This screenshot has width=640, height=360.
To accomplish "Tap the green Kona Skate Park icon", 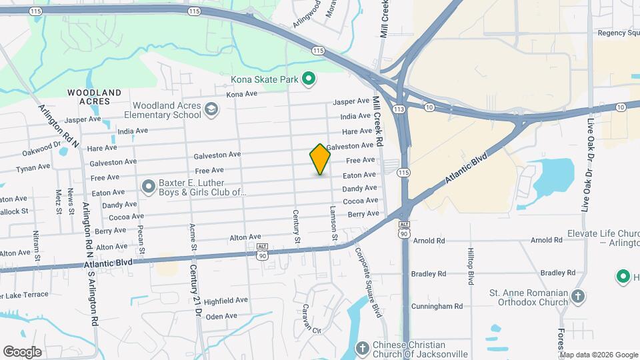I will coord(308,80).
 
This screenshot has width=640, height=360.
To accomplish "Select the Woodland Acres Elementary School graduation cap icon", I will coord(211,109).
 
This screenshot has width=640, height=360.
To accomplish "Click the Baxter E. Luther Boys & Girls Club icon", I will coord(148,186).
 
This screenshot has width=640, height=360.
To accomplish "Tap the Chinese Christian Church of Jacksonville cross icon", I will coord(362,348).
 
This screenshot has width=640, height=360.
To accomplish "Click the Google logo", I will coord(22,351).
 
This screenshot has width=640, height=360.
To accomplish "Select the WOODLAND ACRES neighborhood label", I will coord(94,97).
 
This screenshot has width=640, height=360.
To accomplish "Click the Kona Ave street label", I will coord(241,94).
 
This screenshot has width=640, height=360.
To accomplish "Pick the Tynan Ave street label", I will coord(33,167).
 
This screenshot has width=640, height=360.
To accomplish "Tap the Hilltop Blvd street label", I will coord(471,267).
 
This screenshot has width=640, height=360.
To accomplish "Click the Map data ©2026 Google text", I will coord(598,354).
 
